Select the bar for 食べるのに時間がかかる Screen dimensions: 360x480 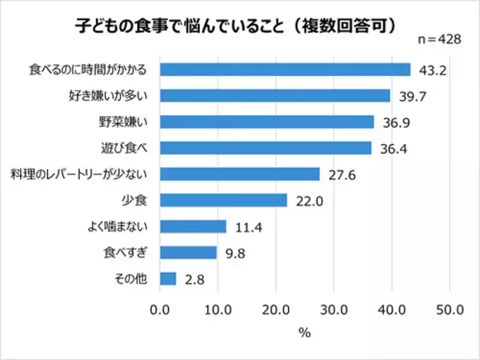pos(286,70)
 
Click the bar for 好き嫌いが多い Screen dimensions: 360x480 pos(275,96)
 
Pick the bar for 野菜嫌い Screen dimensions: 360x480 pos(267,122)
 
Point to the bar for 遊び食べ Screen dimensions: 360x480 pos(266,148)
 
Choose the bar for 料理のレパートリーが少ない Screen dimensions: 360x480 pos(240,174)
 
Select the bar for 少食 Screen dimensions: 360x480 pos(224,200)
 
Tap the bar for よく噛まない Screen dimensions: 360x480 pos(194,226)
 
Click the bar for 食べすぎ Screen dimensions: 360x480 pos(189,252)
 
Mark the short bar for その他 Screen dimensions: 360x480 pos(169,278)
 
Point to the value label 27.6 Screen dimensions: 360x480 pos(337,174)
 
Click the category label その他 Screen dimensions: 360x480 pos(137,278)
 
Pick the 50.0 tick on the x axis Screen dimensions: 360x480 pos(449,309)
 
